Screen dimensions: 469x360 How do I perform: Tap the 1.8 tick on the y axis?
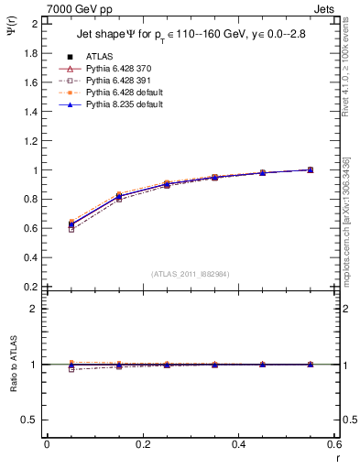33,53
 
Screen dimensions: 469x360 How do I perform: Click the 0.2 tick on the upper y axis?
33,287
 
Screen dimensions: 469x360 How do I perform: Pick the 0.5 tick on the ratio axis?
32,420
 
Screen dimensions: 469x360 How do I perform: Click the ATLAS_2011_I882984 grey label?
191,274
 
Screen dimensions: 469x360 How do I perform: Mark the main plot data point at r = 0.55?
310,169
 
